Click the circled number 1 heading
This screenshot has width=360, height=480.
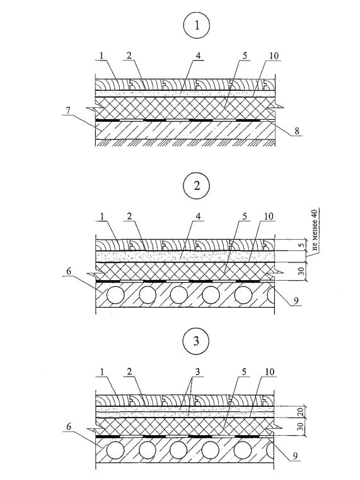(x=197, y=26)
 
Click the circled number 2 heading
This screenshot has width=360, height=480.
(x=196, y=186)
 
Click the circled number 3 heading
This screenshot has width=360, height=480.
(x=196, y=341)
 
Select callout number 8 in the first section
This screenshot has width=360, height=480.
(x=296, y=131)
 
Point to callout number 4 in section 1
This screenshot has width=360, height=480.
(x=197, y=56)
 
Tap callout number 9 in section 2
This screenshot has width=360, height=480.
(x=296, y=301)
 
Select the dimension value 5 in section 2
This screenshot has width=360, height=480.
(x=302, y=245)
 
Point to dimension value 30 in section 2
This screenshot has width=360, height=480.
(x=302, y=271)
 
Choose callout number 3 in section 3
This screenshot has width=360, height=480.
(x=197, y=372)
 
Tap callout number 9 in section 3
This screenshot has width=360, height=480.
(x=295, y=456)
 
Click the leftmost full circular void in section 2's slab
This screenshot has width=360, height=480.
(x=115, y=295)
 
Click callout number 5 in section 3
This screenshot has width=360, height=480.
(x=244, y=372)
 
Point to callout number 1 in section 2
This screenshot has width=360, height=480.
(x=102, y=216)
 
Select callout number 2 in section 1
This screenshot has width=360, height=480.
(x=129, y=56)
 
